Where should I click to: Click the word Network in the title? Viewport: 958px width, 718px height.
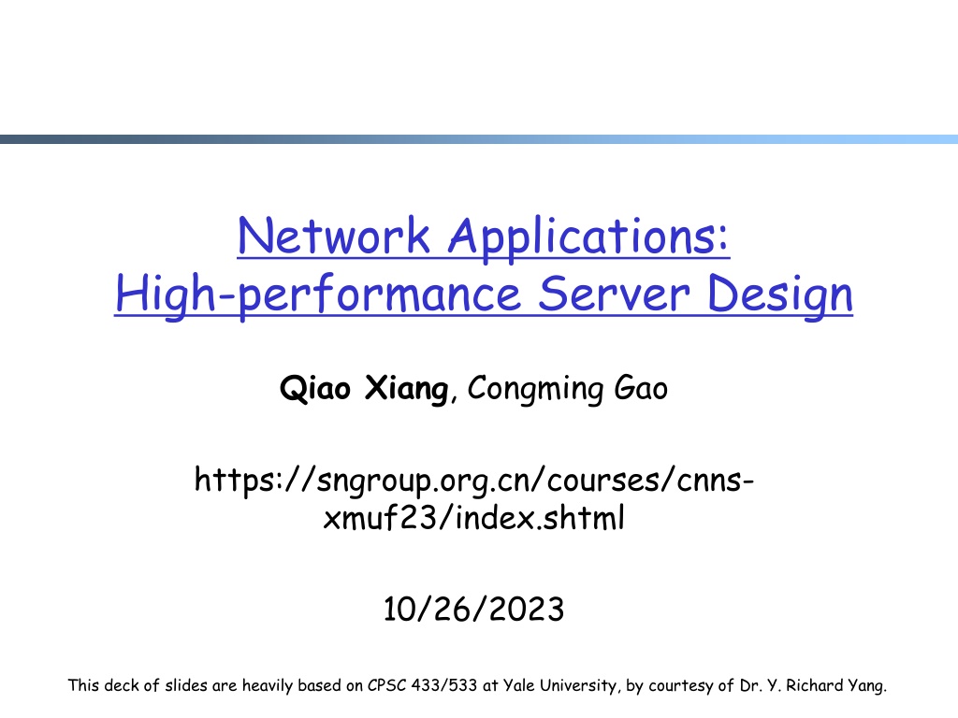pos(334,236)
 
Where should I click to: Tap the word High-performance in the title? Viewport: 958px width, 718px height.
pos(318,295)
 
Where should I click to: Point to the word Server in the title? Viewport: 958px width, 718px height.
pos(614,294)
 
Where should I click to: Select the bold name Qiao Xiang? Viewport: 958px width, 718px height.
pos(364,388)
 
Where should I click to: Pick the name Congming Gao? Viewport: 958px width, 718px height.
pos(568,388)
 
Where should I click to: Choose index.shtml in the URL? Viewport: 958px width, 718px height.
pos(540,518)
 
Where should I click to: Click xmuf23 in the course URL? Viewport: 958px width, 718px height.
pos(380,518)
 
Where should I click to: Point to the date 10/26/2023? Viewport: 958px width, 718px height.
pos(473,609)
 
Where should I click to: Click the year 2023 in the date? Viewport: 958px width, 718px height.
pos(527,609)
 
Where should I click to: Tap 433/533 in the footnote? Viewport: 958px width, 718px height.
pos(443,685)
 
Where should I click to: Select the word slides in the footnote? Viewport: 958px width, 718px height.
pos(186,685)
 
